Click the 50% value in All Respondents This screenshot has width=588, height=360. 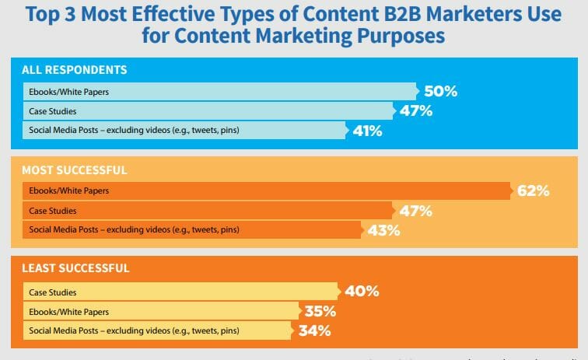coord(440,92)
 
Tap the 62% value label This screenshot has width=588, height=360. coord(534,190)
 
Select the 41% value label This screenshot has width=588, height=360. coord(367,131)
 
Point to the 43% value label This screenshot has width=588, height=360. coord(383,230)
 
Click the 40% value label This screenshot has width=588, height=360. coord(362,292)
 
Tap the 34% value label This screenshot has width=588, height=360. coord(315,330)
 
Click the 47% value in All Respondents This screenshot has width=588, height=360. coord(415,110)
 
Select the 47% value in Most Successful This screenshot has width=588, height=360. coord(415,211)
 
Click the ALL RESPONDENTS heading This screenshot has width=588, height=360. coord(74,70)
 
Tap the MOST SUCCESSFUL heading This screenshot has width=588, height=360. coord(75,170)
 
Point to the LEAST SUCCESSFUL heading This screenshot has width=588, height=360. coord(75,268)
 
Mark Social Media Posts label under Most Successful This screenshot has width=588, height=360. coord(134,230)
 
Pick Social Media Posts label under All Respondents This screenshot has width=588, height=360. coord(134,131)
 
